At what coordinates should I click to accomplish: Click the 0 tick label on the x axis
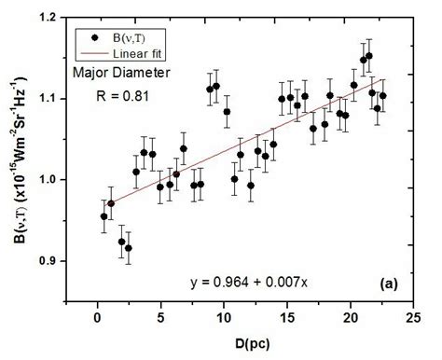click(98, 316)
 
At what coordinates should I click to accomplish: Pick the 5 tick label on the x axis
click(160, 316)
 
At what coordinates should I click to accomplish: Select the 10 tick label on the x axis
click(224, 316)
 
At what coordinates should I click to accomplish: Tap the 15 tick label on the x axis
click(287, 316)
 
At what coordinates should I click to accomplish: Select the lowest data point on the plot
click(129, 248)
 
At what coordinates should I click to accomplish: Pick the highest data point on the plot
click(369, 56)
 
